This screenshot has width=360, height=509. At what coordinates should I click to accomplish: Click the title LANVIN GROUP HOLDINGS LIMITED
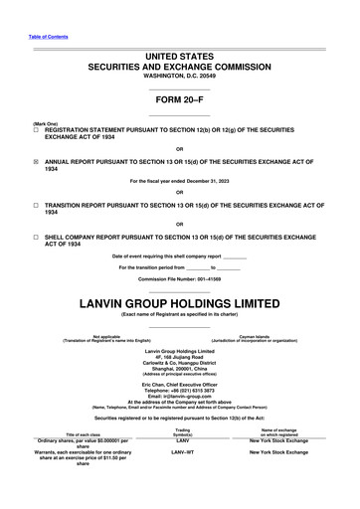(179, 301)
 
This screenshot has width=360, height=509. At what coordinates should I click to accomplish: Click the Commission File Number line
(179, 279)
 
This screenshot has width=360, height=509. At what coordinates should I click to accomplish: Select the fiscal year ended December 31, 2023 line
(179, 181)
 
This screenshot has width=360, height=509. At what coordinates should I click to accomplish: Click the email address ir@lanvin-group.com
(179, 396)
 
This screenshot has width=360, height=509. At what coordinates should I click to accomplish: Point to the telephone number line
(179, 390)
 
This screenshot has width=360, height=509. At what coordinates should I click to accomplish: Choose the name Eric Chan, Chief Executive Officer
(179, 384)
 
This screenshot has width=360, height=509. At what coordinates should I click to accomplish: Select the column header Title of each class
(83, 434)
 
